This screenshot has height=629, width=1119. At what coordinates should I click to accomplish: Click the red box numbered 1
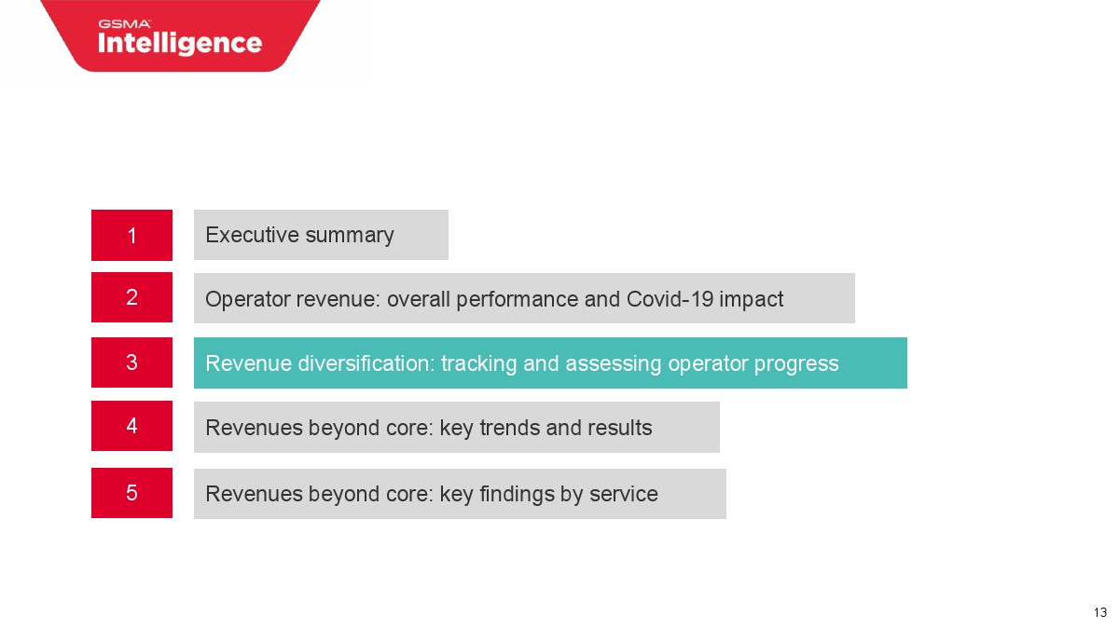(x=131, y=235)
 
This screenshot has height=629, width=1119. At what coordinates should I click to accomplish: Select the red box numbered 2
(x=131, y=297)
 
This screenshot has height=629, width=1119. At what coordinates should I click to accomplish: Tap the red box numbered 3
(x=131, y=362)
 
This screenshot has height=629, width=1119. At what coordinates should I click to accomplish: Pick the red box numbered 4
(x=131, y=426)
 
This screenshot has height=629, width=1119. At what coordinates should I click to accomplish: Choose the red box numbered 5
(x=131, y=493)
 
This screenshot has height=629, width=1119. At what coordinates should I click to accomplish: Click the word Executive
(x=253, y=235)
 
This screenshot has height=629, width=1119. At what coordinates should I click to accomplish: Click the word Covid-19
(x=670, y=299)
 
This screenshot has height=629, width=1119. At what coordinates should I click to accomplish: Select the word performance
(x=517, y=300)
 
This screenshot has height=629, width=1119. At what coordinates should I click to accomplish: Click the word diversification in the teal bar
(x=366, y=362)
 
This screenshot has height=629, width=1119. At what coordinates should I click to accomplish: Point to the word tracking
(x=478, y=364)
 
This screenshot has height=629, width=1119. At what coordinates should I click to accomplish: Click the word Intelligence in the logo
(x=180, y=44)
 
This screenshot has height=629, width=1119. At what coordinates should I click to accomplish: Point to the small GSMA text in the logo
(x=124, y=24)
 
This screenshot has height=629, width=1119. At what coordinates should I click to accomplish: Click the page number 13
(x=1100, y=612)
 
